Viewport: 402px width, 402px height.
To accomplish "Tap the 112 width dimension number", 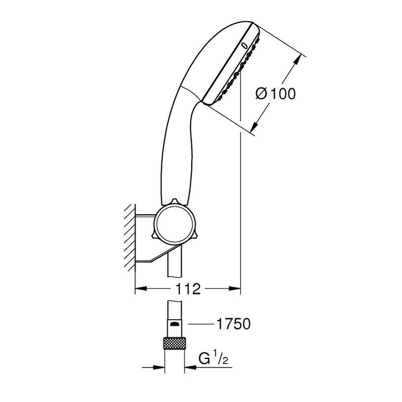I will [188, 289].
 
